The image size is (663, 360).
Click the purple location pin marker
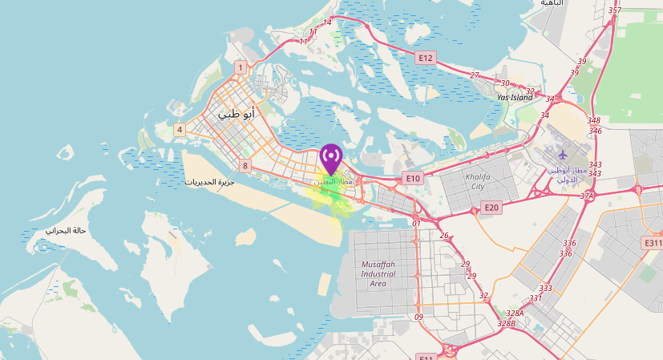330,156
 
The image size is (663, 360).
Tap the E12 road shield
425,58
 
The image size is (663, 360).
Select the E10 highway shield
413,178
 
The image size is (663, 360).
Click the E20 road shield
491,208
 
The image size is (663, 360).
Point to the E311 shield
653,242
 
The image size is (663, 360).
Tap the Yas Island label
514,97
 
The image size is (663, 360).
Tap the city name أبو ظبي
237,114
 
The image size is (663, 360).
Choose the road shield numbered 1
240,67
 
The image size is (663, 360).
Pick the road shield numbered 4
180,129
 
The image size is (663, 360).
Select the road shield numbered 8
245,166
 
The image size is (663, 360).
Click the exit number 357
615,10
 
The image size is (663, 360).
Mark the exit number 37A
588,196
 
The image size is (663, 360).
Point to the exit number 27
475,75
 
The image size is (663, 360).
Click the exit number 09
418,318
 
